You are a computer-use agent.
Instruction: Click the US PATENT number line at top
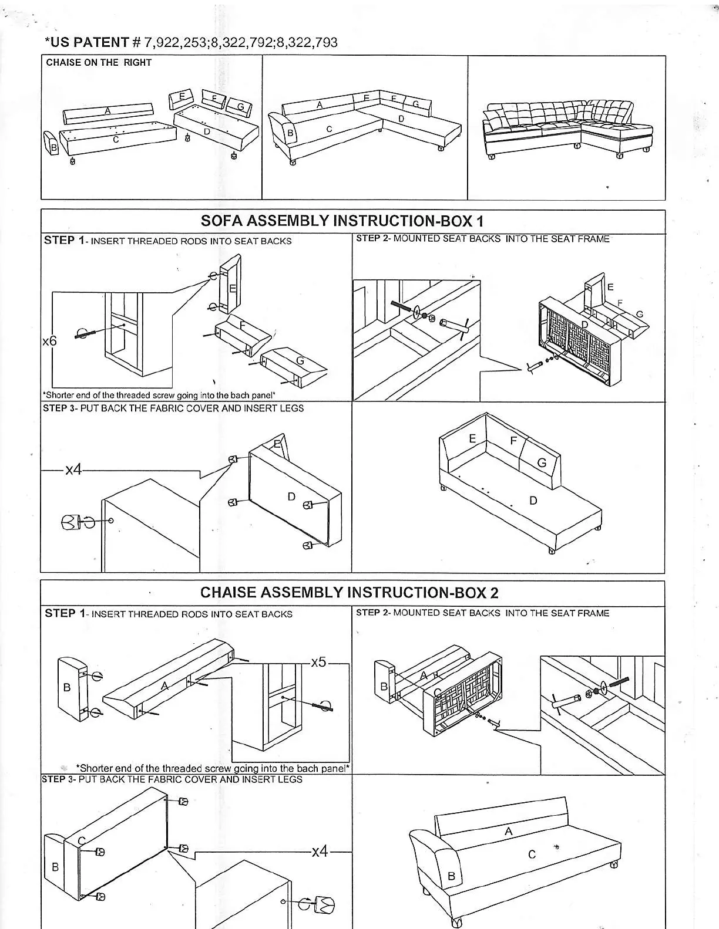pyautogui.click(x=191, y=42)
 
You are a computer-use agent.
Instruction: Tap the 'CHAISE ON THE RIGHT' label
pyautogui.click(x=99, y=63)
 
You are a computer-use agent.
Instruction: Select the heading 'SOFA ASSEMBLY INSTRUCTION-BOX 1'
pyautogui.click(x=342, y=221)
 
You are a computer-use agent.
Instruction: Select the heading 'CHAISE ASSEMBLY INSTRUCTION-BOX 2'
pyautogui.click(x=349, y=592)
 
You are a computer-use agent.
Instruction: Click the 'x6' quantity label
pyautogui.click(x=49, y=341)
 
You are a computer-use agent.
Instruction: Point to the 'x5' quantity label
pyautogui.click(x=318, y=662)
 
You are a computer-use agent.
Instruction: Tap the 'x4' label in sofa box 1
pyautogui.click(x=73, y=469)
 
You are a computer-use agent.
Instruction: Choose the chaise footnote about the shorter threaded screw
pyautogui.click(x=213, y=768)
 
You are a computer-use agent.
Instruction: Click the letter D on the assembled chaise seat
pyautogui.click(x=533, y=501)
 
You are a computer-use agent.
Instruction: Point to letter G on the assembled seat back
pyautogui.click(x=542, y=463)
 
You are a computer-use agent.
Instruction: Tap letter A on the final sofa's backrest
pyautogui.click(x=509, y=831)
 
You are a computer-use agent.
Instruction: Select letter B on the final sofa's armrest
pyautogui.click(x=451, y=876)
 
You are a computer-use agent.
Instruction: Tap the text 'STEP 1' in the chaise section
pyautogui.click(x=60, y=613)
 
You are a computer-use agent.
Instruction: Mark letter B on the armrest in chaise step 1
pyautogui.click(x=66, y=687)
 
